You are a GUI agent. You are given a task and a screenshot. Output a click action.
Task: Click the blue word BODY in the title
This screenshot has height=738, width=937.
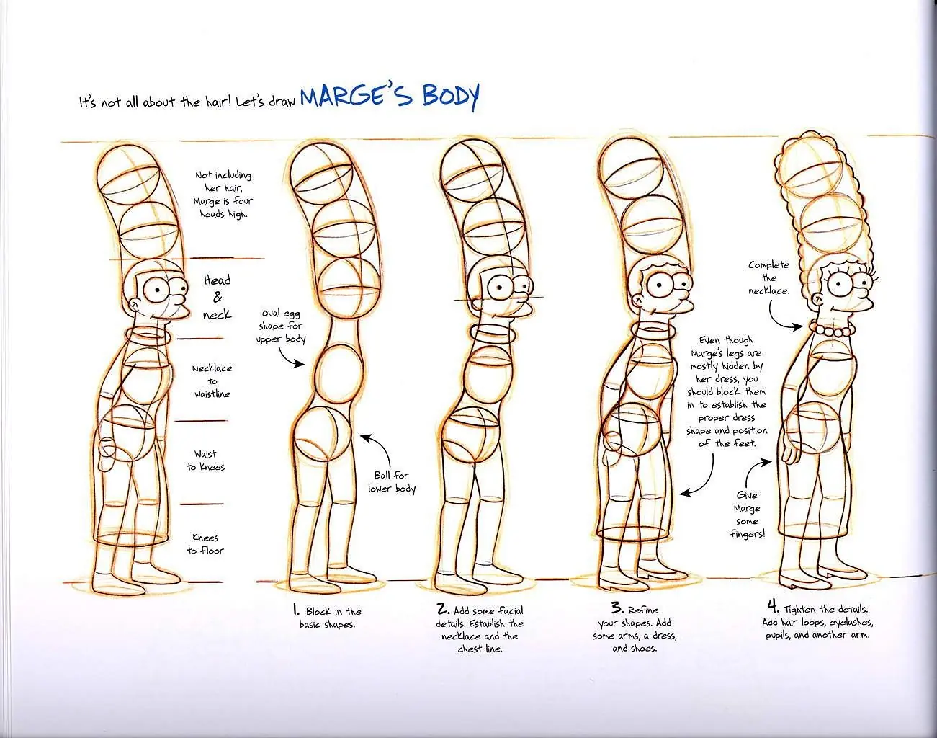coord(451,97)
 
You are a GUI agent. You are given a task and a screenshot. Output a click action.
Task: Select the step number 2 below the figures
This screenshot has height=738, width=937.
coord(442,608)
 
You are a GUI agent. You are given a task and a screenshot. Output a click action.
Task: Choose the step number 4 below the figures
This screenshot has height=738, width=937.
coord(774,606)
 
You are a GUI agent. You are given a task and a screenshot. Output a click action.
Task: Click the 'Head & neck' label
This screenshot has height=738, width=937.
coord(218,298)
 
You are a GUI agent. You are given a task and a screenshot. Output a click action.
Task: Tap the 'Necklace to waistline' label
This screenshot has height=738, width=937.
coord(212,381)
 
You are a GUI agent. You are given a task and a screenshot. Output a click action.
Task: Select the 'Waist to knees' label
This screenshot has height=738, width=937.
coord(205,461)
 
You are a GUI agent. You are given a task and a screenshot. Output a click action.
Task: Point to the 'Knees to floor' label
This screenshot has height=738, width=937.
coord(205,544)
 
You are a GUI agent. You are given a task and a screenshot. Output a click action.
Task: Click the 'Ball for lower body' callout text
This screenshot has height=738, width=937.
coord(391,482)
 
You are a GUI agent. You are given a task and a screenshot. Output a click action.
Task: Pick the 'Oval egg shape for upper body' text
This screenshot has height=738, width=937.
coord(281,326)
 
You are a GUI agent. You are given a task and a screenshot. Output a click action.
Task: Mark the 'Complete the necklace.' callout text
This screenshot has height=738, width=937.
coord(769,278)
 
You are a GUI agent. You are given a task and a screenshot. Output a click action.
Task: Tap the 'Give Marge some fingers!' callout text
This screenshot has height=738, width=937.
coord(747,515)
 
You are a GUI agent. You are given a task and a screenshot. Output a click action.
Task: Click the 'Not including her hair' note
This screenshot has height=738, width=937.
coord(223,195)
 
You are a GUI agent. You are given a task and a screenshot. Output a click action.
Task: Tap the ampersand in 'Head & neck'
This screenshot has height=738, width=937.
coord(218,297)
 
